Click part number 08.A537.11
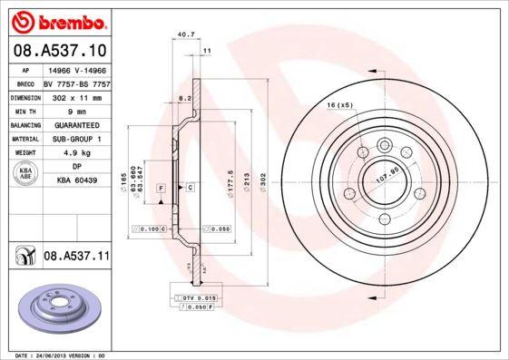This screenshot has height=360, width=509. click(76, 257)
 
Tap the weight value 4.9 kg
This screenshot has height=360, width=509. click(76, 153)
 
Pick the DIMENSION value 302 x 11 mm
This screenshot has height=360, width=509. click(76, 95)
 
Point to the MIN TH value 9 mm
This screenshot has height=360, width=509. click(76, 110)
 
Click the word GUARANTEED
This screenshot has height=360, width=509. click(76, 124)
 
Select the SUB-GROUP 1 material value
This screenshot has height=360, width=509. click(76, 139)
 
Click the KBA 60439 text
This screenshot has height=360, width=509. click(76, 181)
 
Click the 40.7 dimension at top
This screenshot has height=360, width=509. click(185, 34)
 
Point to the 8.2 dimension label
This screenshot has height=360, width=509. click(184, 97)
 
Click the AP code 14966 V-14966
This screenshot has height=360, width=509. click(76, 69)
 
